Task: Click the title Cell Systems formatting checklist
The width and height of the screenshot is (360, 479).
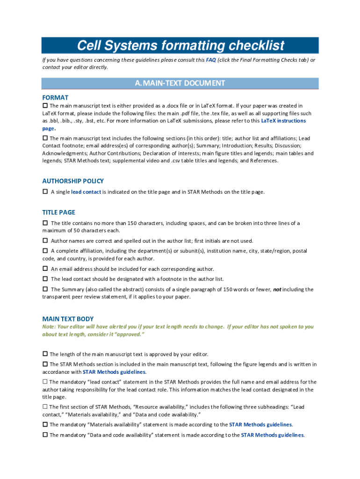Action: tap(180, 46)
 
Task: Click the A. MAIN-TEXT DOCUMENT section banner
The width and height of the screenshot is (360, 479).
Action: tap(180, 83)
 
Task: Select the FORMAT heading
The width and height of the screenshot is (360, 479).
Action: tap(56, 98)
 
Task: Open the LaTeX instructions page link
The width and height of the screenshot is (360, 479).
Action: tap(283, 121)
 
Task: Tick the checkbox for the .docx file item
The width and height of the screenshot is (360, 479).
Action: tap(45, 106)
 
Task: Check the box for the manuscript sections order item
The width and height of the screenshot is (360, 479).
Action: tap(45, 138)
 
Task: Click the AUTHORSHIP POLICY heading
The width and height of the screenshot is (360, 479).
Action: tap(73, 181)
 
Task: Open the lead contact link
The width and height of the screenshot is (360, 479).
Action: tap(86, 192)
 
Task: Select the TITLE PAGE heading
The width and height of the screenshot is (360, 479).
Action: tap(58, 212)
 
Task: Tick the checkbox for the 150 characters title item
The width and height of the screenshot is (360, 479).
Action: tap(45, 223)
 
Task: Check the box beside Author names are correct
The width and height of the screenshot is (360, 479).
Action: tap(45, 240)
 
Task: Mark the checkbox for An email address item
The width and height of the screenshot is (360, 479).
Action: tap(45, 269)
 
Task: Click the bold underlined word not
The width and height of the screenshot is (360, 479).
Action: tap(277, 289)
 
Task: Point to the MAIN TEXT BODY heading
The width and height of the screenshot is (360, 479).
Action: tap(68, 319)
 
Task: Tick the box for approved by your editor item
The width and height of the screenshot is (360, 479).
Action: tap(45, 354)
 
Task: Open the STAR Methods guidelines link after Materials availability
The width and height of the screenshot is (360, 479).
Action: tap(260, 425)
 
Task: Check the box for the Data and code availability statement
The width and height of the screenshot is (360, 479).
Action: tap(45, 435)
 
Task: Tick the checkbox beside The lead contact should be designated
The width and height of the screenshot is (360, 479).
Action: tap(45, 278)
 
